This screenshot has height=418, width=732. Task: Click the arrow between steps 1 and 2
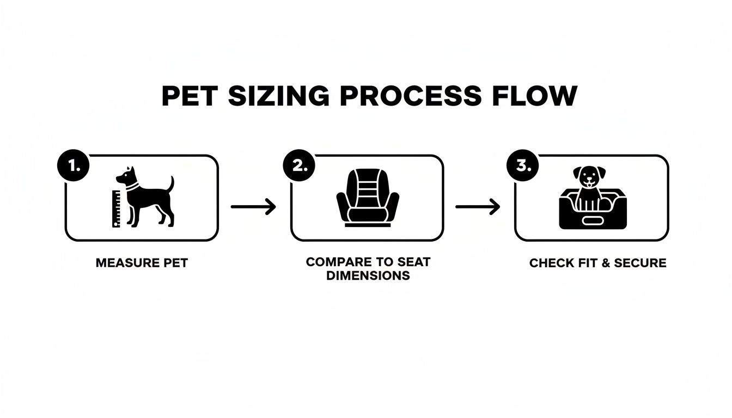(x=253, y=207)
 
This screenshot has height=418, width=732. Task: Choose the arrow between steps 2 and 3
(x=478, y=207)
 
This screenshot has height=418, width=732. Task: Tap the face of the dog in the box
(x=587, y=177)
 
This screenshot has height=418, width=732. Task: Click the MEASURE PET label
(x=142, y=263)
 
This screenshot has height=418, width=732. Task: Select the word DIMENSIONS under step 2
(x=368, y=275)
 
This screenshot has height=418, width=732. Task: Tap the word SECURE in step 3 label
(x=640, y=263)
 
